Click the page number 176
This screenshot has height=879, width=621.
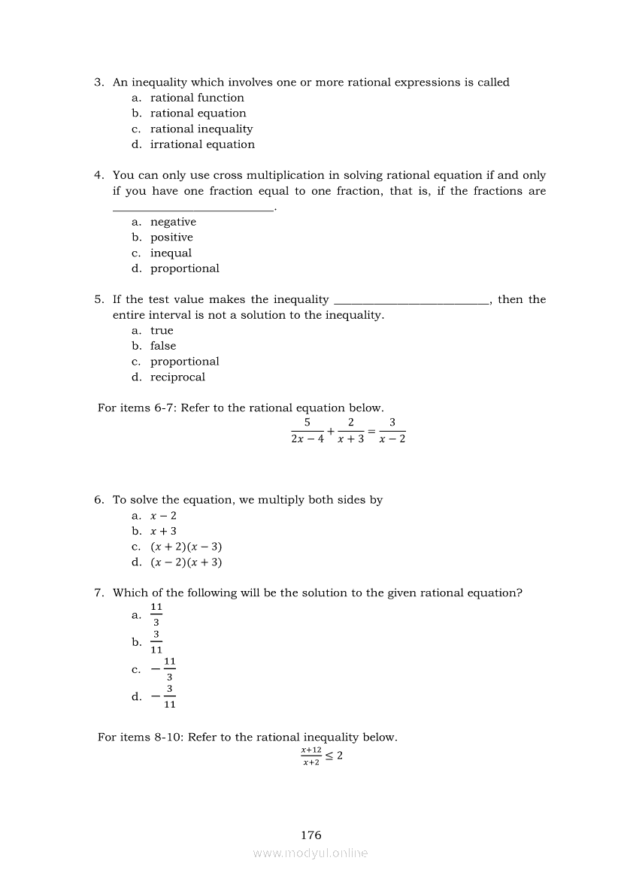point(310,835)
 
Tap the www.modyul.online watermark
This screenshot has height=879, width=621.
point(310,853)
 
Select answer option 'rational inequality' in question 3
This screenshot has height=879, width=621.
point(201,129)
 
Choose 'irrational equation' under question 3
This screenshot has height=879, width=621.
point(202,144)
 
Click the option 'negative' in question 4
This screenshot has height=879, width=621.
point(173,222)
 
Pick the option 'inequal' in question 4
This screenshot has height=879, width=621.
point(171,253)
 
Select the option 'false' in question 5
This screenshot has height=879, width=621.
point(163,346)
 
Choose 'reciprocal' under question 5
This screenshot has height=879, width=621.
point(177,377)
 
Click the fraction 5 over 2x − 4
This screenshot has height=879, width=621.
point(307,431)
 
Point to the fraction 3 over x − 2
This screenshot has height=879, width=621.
point(392,431)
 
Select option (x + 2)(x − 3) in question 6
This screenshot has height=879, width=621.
point(186,547)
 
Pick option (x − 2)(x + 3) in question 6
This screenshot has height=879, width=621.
point(186,562)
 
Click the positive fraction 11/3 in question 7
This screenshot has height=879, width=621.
point(156,614)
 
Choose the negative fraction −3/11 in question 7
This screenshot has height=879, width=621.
point(162,696)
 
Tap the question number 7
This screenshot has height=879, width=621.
point(98,593)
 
